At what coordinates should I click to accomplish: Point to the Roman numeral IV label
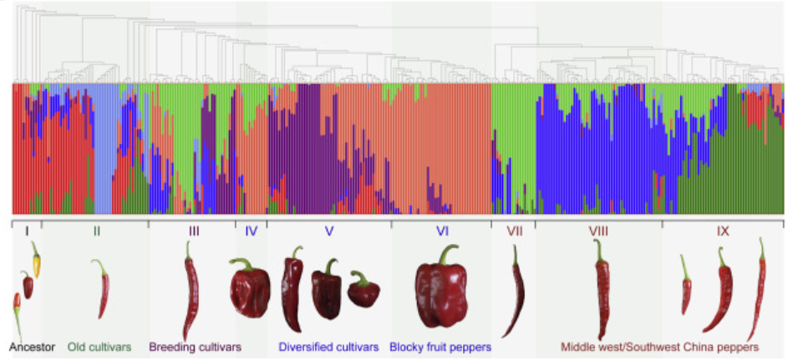pos(251,231)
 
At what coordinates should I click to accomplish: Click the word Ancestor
pos(33,346)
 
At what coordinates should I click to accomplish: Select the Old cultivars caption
pos(99,346)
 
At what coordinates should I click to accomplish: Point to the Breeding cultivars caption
pos(195,346)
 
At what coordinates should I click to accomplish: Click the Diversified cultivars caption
pos(328,346)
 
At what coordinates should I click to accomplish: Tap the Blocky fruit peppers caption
pos(440,346)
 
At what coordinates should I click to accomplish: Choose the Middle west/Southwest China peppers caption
pos(659,346)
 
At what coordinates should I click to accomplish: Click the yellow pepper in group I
pos(36,261)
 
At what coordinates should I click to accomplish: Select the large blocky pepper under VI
pos(442,287)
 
